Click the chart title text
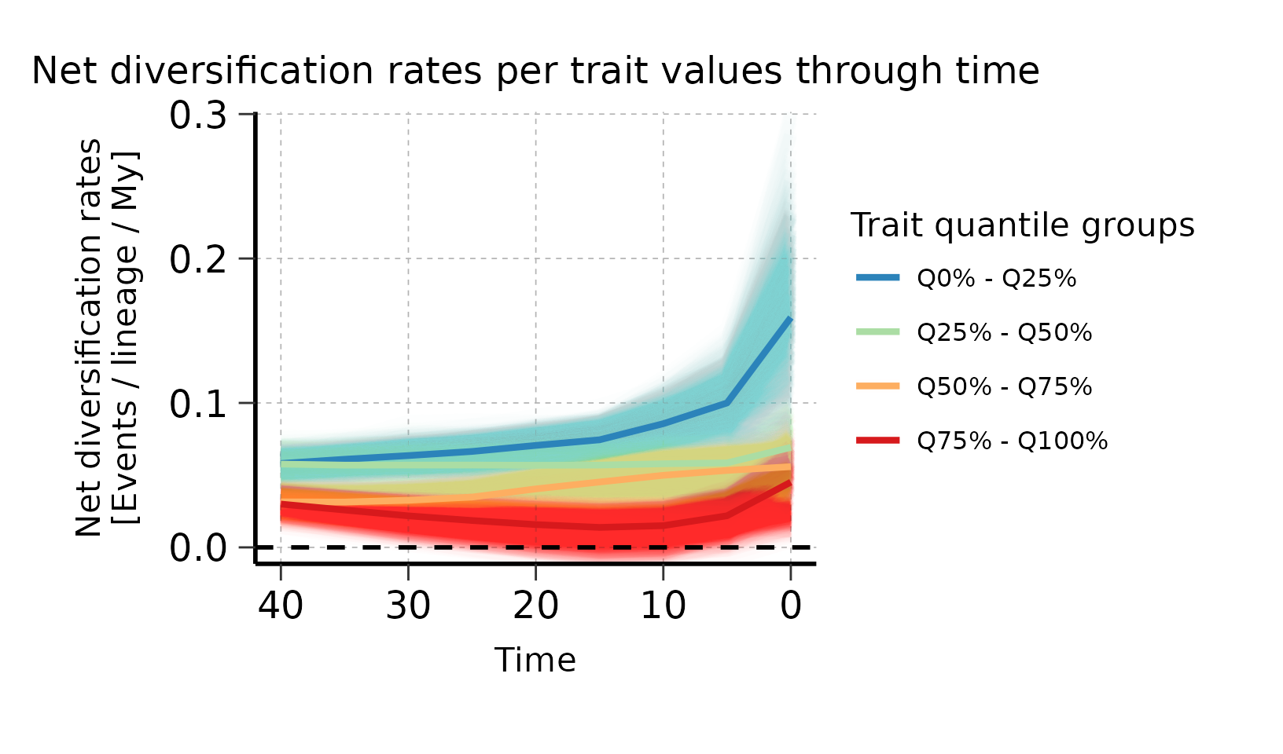point(535,71)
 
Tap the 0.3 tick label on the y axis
point(198,115)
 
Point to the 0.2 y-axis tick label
point(198,259)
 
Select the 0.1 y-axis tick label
point(198,404)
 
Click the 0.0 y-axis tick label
point(198,548)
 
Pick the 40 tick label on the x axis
point(281,606)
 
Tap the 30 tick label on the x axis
point(408,606)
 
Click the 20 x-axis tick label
point(535,606)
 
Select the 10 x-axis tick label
point(663,606)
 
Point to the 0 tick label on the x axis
point(791,606)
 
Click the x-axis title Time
point(535,661)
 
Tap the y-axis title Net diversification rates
point(90,338)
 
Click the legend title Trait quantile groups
point(1023,225)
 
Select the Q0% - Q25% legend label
point(996,279)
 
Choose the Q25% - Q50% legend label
point(1004,333)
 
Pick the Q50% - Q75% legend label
point(1004,387)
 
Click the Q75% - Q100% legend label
point(1012,441)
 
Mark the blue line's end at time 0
point(790,318)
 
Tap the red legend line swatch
point(877,441)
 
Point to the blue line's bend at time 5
point(727,403)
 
